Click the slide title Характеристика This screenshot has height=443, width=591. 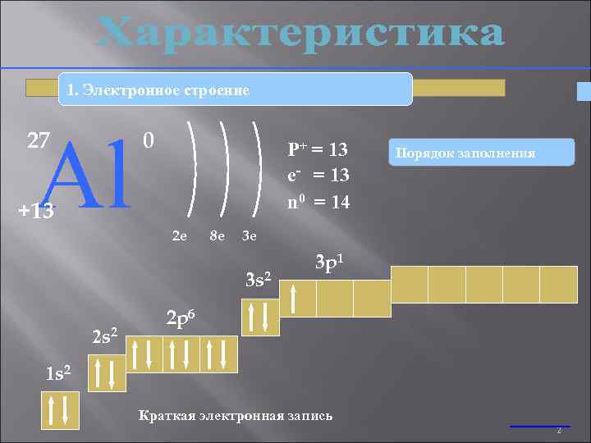point(300,34)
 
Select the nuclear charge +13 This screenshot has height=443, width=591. point(36,211)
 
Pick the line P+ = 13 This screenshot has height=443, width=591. point(318,149)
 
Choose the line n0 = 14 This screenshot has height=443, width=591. point(318,200)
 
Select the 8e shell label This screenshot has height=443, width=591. point(218,237)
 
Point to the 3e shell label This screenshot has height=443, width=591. point(250,237)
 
